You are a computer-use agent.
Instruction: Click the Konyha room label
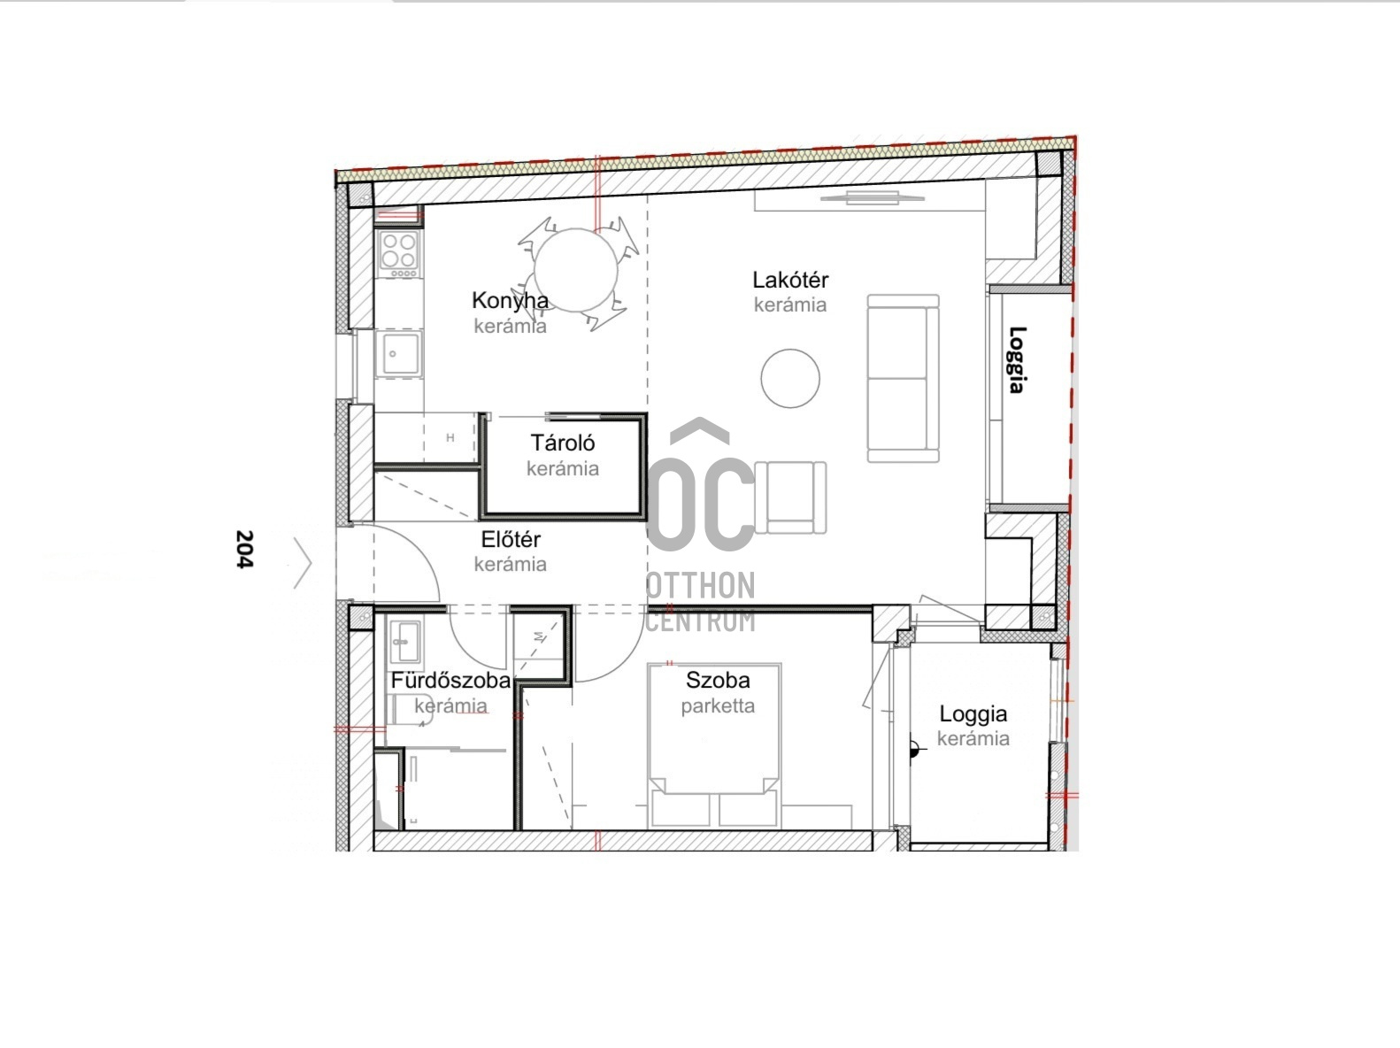510,300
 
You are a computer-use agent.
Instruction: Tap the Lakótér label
790,280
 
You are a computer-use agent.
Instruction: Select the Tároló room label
563,443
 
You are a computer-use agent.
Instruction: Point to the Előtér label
511,539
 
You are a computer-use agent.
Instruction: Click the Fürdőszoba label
450,680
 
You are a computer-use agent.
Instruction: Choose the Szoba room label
718,680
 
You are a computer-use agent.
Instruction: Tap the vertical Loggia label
1018,359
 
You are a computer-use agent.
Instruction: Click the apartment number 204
245,549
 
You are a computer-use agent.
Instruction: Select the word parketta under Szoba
718,706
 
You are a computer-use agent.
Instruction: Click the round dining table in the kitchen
576,271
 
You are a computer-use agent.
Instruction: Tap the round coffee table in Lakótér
790,378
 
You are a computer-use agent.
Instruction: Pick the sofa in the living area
904,378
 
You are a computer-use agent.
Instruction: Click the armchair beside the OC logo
790,497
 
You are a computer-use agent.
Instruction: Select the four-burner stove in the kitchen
399,254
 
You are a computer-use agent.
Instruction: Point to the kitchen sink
399,353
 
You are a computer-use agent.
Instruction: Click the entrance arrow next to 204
303,563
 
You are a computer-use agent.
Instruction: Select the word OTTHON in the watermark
700,586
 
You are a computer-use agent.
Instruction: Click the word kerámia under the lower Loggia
973,738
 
